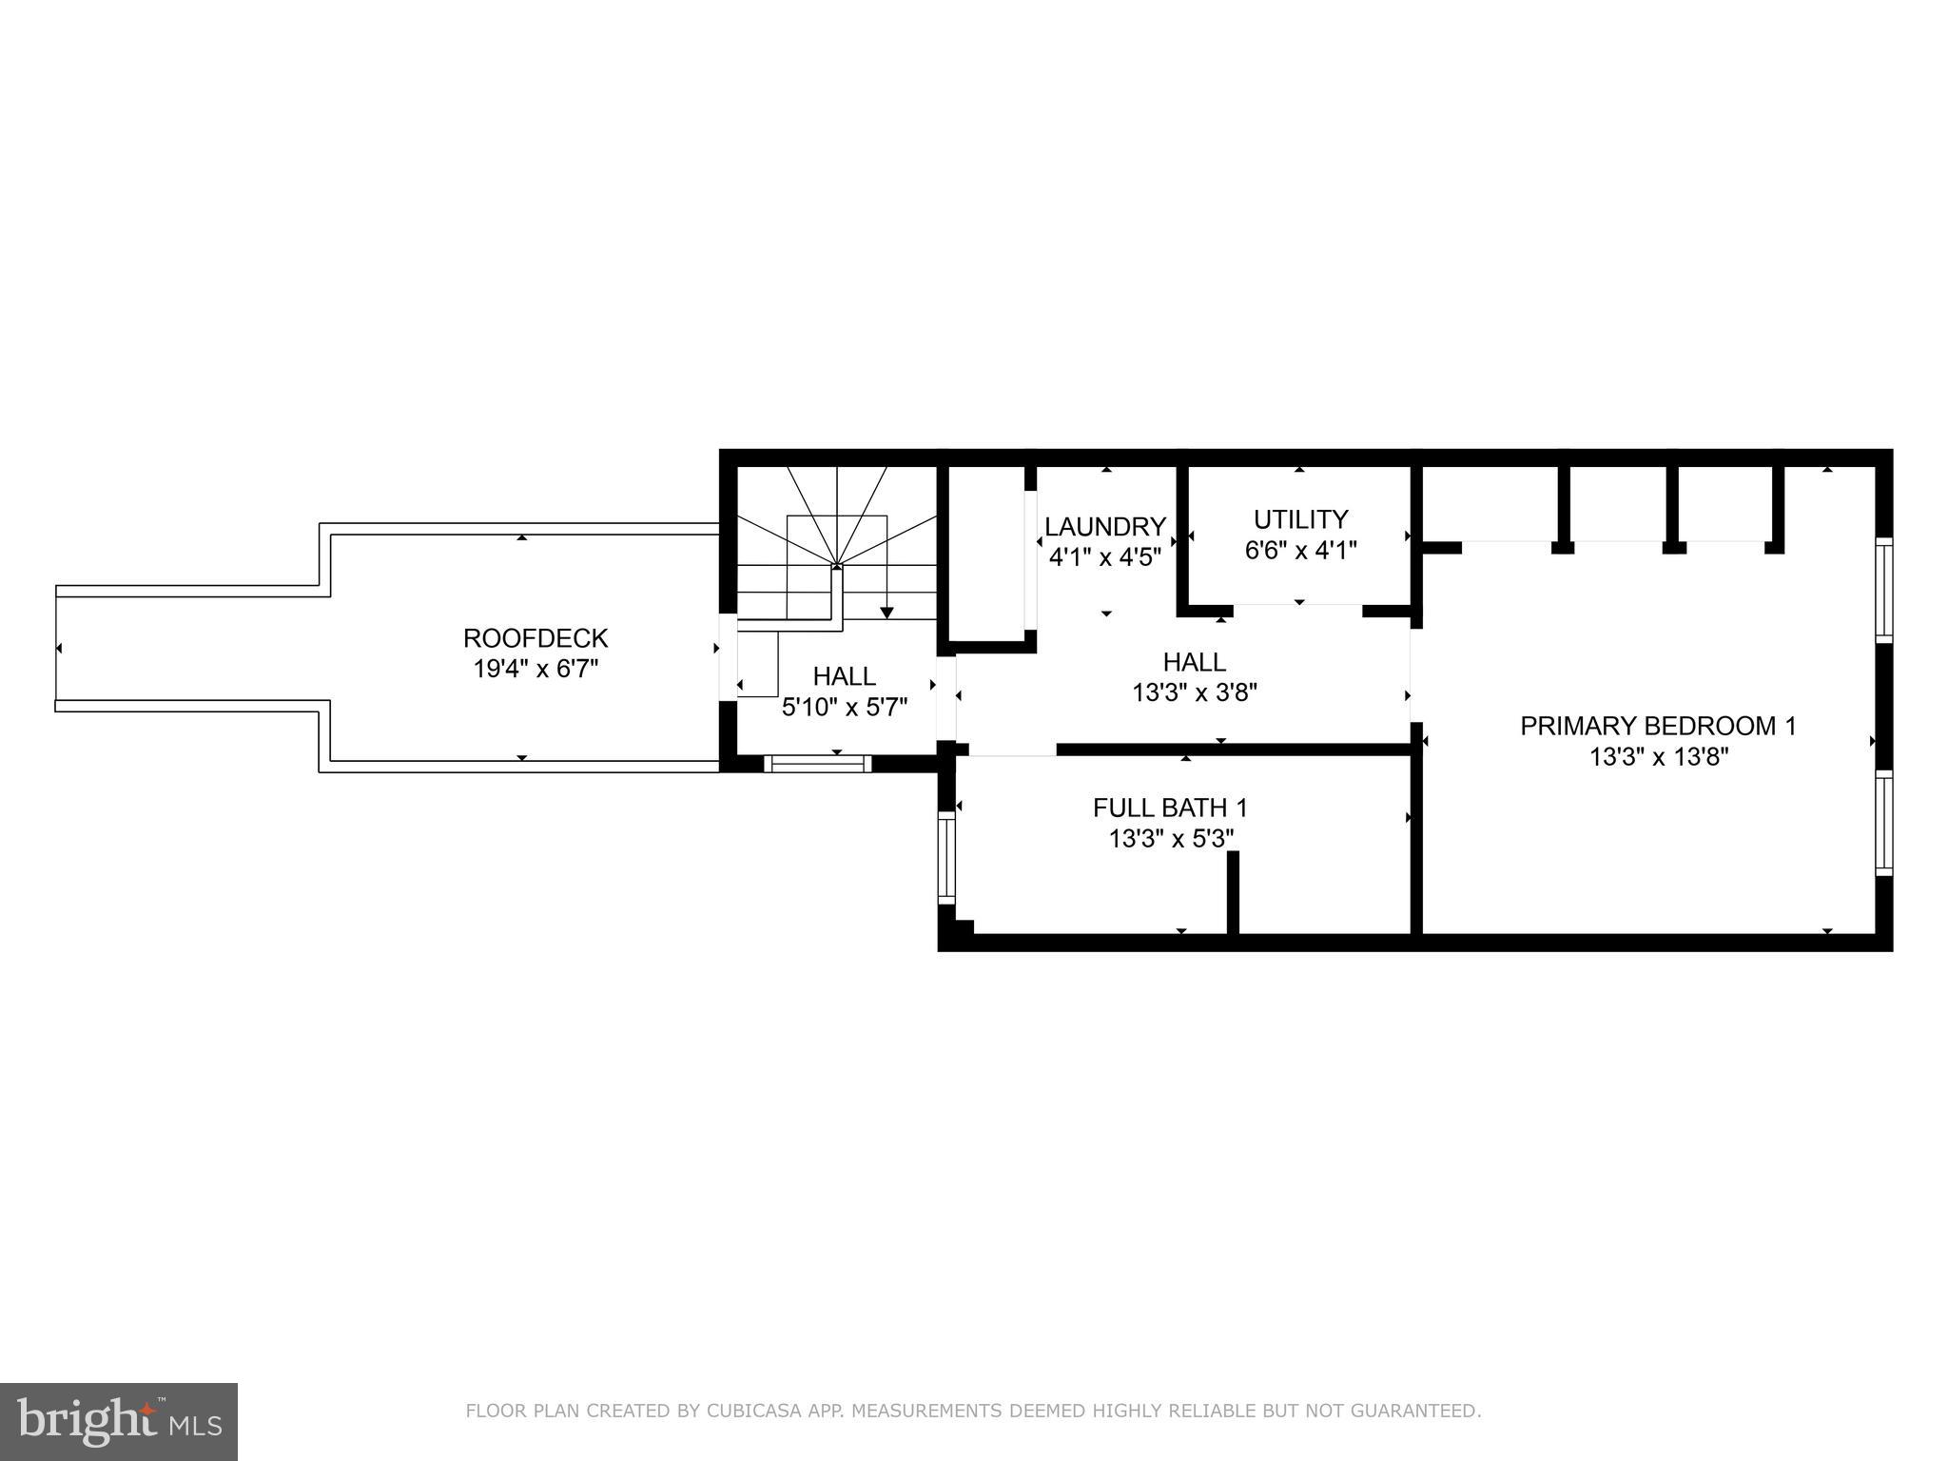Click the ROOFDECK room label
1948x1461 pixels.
[x=536, y=637]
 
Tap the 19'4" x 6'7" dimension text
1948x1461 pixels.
[x=536, y=669]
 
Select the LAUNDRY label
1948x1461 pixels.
[x=1105, y=526]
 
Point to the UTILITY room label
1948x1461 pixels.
[x=1300, y=519]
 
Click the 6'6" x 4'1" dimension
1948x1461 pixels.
[x=1300, y=550]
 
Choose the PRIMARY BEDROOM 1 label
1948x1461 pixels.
[x=1658, y=726]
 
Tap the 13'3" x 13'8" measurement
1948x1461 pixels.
[x=1658, y=757]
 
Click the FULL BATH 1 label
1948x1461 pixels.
[x=1170, y=808]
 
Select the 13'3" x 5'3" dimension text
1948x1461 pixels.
[x=1170, y=839]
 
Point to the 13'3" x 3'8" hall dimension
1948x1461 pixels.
[x=1195, y=692]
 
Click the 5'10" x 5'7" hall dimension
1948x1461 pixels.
[x=845, y=708]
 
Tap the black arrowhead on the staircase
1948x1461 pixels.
[x=886, y=613]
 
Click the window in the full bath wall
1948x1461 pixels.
[x=946, y=858]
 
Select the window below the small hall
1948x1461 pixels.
[x=818, y=763]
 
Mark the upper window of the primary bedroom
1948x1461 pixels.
[x=1883, y=590]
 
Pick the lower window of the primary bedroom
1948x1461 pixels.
[x=1883, y=823]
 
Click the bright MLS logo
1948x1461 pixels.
[x=119, y=1422]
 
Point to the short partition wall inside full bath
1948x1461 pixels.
[x=1233, y=892]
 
